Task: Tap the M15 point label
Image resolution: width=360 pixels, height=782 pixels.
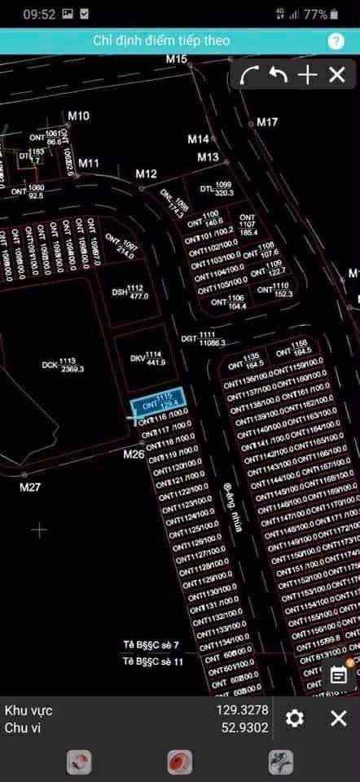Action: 177,59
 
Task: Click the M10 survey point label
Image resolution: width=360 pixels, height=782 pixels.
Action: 79,116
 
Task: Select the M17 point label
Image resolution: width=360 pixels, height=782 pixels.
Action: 267,122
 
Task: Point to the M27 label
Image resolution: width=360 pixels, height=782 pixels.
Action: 30,487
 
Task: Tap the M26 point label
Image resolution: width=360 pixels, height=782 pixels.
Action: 134,454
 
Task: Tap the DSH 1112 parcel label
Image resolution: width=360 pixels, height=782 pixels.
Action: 130,292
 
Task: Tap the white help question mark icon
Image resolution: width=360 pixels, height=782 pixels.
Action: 336,41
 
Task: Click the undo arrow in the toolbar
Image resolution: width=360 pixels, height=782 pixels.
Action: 279,76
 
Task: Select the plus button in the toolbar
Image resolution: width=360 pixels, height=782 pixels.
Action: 307,76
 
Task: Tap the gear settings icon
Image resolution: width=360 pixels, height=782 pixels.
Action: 295,718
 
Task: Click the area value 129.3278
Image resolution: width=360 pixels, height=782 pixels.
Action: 242,710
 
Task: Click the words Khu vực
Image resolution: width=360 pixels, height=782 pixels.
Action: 29,710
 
